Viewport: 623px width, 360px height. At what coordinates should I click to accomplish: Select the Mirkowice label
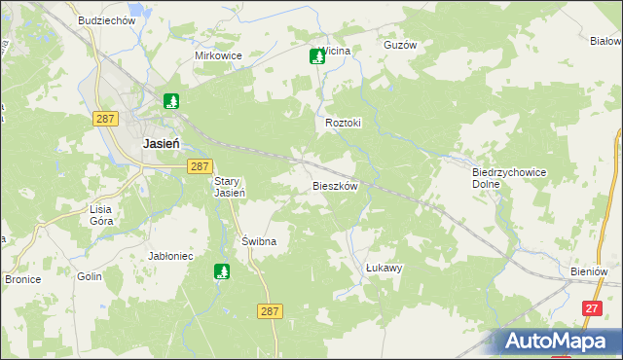pos(218,55)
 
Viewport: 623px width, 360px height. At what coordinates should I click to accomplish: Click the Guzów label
pos(400,46)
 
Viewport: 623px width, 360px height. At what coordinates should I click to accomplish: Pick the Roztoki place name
pos(344,124)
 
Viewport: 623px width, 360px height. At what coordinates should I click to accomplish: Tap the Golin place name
pos(90,276)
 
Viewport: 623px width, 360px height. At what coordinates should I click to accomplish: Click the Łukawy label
pos(384,267)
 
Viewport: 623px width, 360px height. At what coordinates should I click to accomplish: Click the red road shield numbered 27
pos(591,307)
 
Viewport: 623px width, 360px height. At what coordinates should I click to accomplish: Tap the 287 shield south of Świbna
pos(271,310)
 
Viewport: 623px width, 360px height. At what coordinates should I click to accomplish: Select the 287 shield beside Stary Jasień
pos(199,166)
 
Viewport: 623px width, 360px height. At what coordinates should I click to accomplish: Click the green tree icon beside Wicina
pos(316,56)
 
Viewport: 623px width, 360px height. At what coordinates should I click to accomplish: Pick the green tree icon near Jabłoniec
pos(222,273)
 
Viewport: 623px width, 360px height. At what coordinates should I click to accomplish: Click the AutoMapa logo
pos(559,341)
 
